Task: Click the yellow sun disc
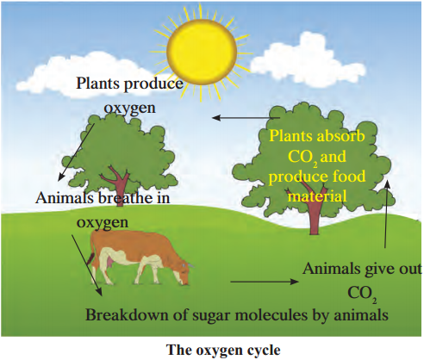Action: (x=202, y=49)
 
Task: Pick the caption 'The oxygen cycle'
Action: (x=223, y=350)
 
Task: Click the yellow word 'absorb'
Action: (x=341, y=136)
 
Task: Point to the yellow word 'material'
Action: (x=317, y=196)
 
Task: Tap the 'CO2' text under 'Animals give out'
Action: (x=362, y=294)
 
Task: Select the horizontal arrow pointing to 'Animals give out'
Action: (x=265, y=282)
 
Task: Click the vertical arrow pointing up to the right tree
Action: (x=387, y=213)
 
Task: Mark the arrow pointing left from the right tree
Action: (x=246, y=118)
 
